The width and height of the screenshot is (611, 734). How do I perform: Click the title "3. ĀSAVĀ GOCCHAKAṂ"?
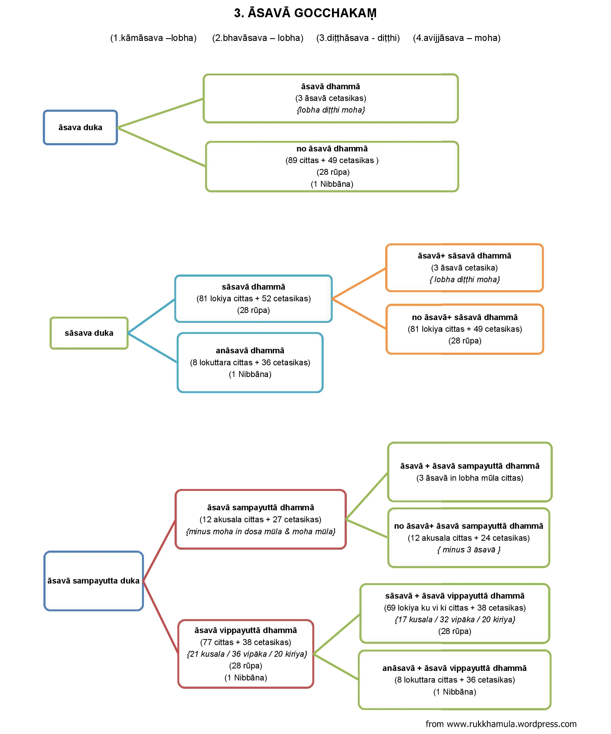click(305, 13)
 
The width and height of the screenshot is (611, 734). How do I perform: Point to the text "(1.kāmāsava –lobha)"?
click(153, 38)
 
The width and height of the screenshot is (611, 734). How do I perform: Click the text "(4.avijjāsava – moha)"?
click(456, 38)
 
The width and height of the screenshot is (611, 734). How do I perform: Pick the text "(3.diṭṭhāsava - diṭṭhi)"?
click(358, 38)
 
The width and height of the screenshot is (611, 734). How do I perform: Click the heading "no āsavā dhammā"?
click(332, 149)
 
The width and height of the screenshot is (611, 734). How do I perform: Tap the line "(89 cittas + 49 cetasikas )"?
click(332, 160)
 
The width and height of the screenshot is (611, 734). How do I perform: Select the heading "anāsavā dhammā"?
click(250, 351)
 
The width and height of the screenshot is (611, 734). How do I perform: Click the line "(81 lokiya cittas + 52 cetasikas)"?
click(253, 299)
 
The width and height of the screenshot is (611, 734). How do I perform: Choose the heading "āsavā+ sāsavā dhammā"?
click(464, 256)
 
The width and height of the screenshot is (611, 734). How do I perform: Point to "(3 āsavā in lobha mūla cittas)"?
click(470, 478)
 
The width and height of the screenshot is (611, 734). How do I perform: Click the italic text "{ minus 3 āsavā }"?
click(469, 550)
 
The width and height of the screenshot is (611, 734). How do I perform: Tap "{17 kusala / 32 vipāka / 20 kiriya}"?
click(455, 619)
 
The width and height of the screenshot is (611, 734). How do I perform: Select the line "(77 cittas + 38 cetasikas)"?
click(245, 642)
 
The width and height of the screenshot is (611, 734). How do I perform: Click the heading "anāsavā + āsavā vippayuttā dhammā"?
click(454, 668)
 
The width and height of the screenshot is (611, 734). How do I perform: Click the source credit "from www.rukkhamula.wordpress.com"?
click(501, 724)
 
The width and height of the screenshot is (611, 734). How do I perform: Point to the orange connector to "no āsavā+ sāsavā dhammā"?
click(359, 314)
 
